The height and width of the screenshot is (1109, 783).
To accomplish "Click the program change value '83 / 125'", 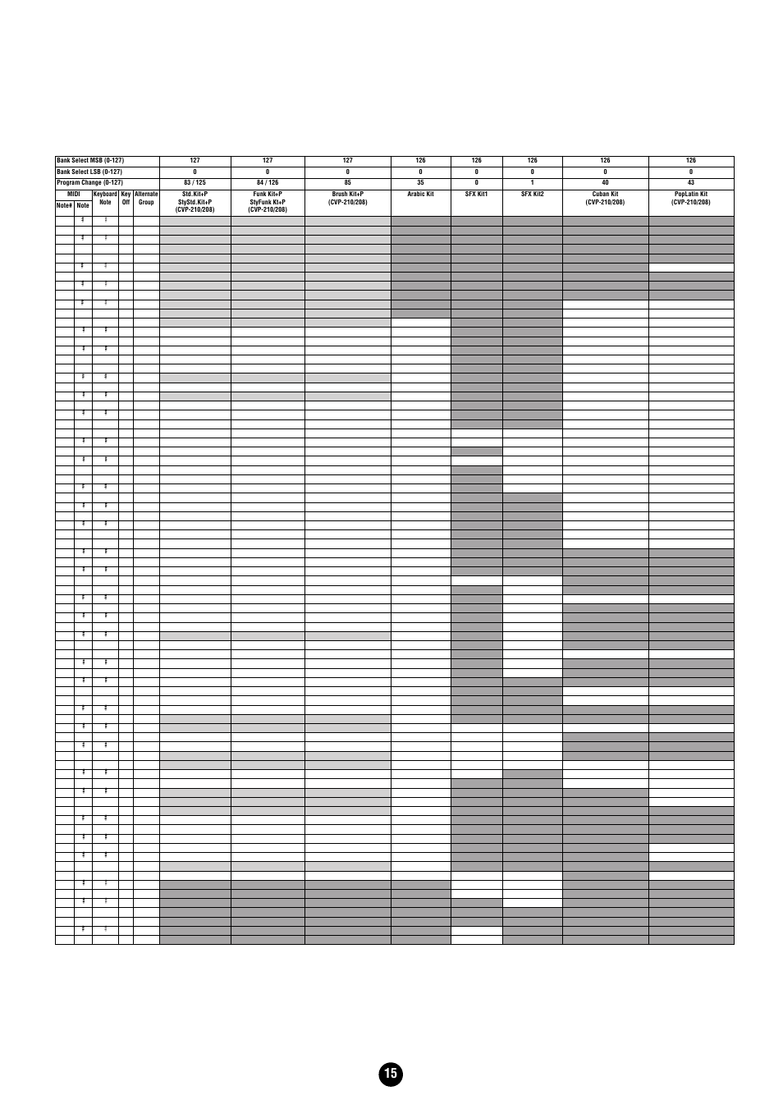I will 195,182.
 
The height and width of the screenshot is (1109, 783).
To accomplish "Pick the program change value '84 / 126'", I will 268,182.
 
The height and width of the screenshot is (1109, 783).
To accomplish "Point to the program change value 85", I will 347,182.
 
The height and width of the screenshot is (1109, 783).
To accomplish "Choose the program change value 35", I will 420,182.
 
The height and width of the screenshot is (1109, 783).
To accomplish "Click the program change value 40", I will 605,182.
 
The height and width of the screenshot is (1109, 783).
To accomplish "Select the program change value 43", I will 691,182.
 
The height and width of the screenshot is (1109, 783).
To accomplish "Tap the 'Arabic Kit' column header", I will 420,195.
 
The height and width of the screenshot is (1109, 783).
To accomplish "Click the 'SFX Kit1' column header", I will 476,195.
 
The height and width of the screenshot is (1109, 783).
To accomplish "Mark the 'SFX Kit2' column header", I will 532,195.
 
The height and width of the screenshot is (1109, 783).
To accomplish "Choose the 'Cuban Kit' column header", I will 605,195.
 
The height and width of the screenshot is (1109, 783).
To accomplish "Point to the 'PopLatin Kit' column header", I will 691,195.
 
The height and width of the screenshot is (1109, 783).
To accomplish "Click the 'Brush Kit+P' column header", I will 347,195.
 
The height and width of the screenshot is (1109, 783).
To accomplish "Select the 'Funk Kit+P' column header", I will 268,195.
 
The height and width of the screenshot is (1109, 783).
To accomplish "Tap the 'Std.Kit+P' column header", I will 195,195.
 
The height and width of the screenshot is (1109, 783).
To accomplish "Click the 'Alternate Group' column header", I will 146,198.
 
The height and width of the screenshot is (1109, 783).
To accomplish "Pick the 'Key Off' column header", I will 126,198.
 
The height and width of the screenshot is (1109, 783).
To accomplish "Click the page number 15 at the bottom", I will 391,1074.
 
